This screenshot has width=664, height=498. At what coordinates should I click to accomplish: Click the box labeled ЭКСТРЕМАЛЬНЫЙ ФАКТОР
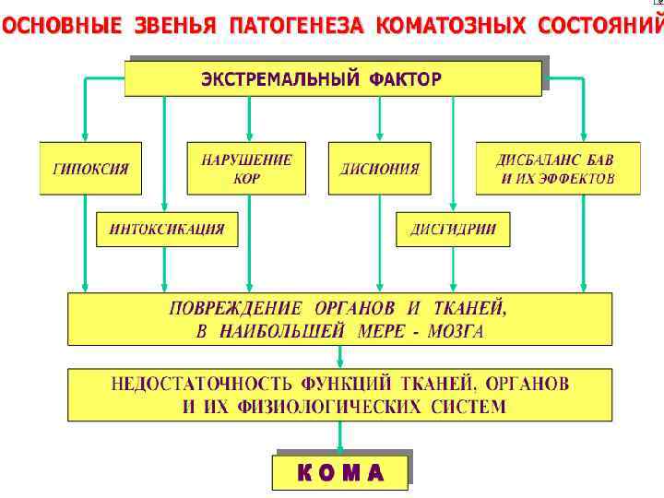click(x=332, y=78)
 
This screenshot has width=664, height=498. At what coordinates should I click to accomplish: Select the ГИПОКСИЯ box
click(x=90, y=169)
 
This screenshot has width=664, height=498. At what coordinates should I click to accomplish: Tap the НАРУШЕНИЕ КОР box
click(x=246, y=168)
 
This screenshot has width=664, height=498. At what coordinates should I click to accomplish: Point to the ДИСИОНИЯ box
click(x=379, y=169)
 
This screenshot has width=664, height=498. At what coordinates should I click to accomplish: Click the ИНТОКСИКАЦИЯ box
click(x=166, y=230)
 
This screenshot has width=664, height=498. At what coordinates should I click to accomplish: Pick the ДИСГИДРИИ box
click(x=453, y=230)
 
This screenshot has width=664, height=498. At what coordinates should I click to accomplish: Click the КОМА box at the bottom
click(x=340, y=472)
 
